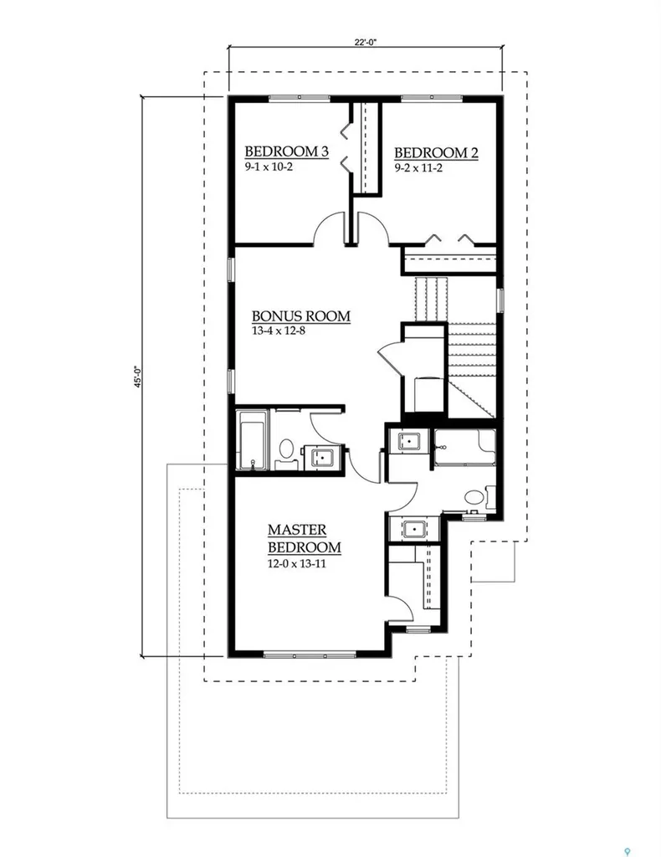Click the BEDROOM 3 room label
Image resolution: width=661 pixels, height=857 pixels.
[286, 151]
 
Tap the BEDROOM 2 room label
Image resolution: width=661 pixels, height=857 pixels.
[436, 153]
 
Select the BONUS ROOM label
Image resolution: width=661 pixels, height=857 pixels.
[301, 316]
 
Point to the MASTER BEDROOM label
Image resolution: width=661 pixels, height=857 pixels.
[305, 538]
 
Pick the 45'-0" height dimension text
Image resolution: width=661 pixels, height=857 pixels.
[138, 377]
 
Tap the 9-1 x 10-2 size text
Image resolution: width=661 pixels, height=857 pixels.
[269, 167]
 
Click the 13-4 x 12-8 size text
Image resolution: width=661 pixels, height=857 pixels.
[278, 331]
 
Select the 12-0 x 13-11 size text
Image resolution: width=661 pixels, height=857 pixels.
[297, 563]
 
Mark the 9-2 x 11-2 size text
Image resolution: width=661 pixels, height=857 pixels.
[418, 167]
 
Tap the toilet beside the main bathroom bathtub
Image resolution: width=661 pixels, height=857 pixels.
[286, 452]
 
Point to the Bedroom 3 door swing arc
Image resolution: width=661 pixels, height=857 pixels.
[328, 226]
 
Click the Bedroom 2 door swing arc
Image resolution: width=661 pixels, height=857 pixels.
[374, 227]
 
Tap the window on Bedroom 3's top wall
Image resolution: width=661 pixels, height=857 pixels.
[299, 99]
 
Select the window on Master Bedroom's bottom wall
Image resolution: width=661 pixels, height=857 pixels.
[310, 654]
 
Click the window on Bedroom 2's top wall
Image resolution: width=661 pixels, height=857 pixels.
[432, 99]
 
